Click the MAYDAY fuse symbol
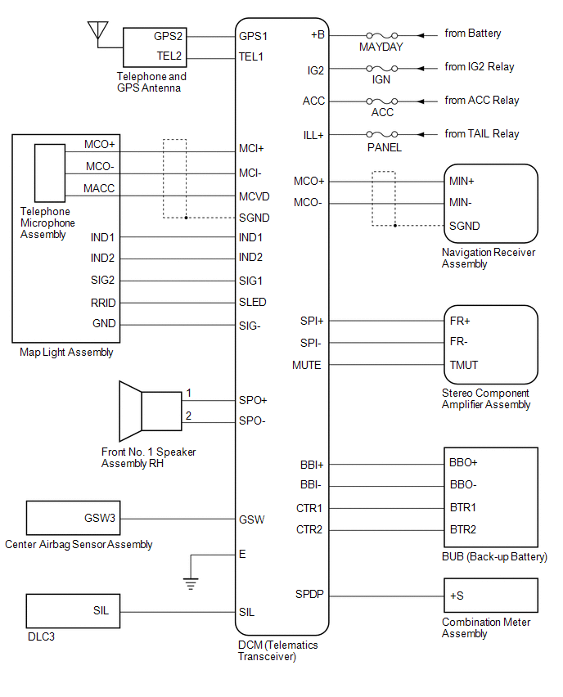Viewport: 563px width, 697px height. point(381,35)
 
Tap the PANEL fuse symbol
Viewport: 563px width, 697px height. point(381,134)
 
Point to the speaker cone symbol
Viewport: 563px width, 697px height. point(130,411)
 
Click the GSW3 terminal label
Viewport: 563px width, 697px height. point(100,519)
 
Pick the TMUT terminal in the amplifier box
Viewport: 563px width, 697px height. point(463,365)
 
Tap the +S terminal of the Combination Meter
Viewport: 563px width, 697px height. point(457,596)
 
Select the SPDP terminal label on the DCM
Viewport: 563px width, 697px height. point(309,594)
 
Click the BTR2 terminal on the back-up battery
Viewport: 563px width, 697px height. point(462,529)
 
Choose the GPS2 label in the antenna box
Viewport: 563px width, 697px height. point(168,36)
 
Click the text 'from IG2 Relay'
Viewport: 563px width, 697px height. point(480,67)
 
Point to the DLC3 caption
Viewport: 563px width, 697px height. point(42,636)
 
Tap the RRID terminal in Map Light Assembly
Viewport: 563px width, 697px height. point(103,303)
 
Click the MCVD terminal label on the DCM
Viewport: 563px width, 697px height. point(254,196)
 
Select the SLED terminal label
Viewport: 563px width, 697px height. point(253,302)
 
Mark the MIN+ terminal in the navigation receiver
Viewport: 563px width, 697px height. point(462,181)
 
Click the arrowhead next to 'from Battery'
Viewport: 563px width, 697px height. point(421,35)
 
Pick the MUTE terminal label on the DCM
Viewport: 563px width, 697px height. point(306,365)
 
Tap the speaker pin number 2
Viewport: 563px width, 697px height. point(188,416)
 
